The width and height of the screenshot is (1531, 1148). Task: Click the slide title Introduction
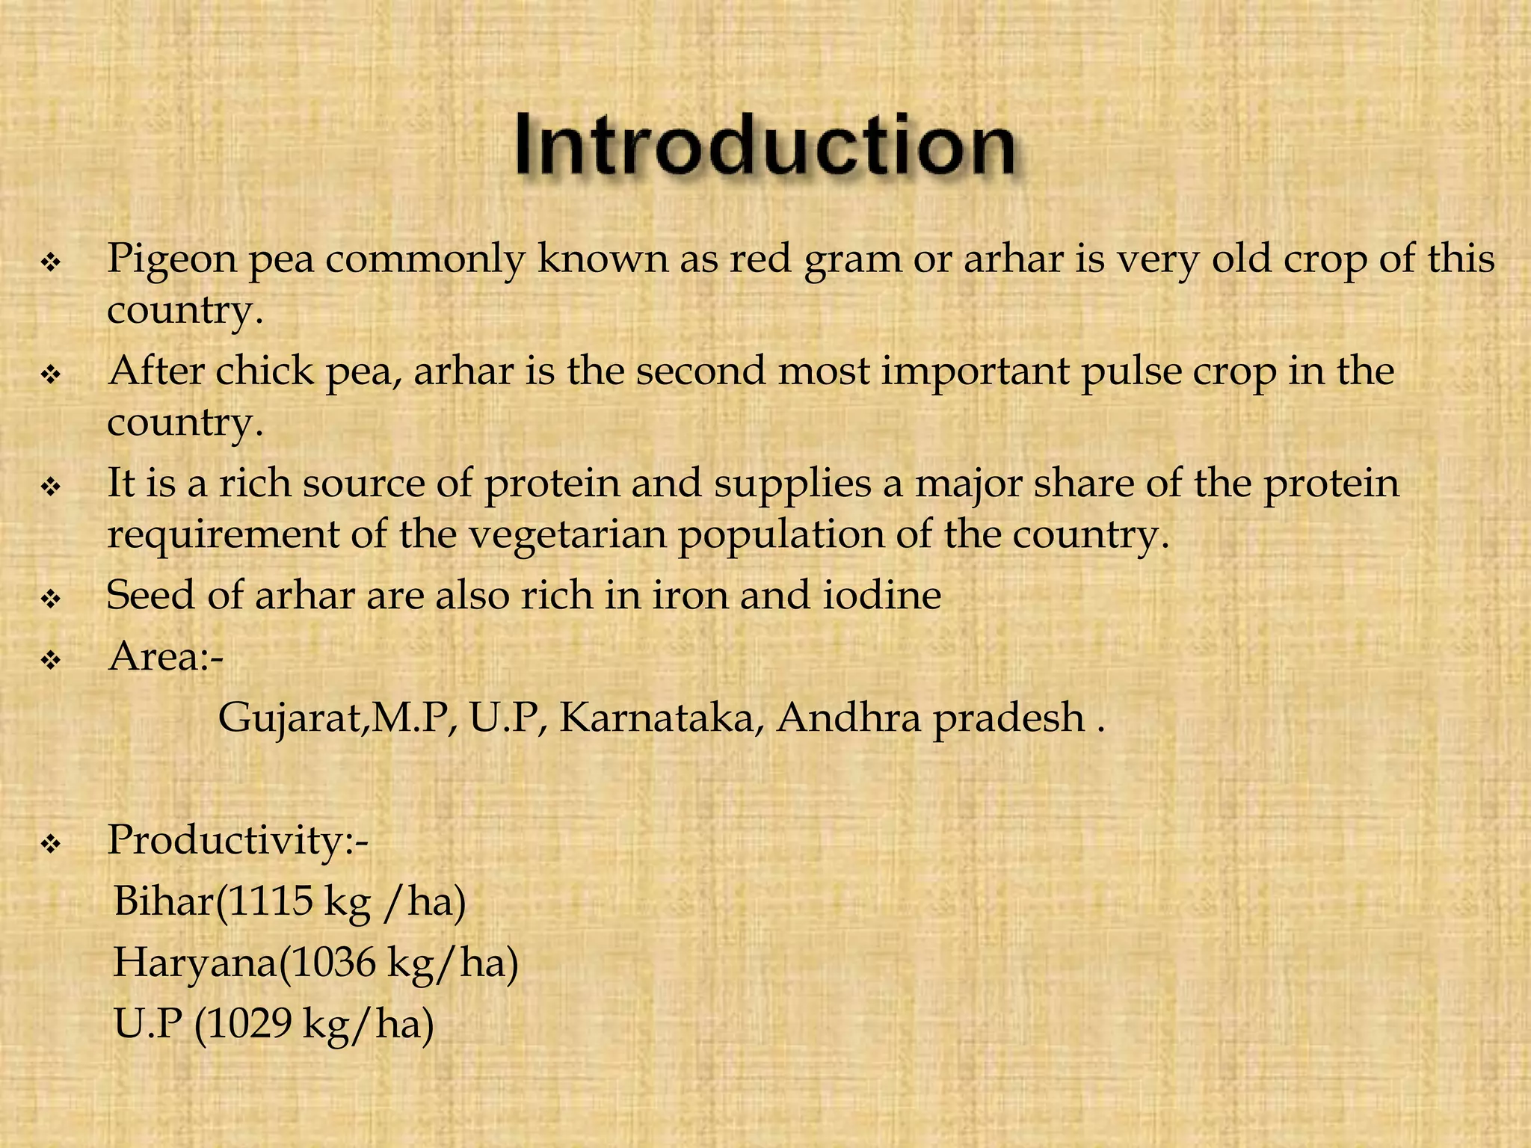[x=764, y=145]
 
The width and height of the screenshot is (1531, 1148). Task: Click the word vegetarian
[x=567, y=535]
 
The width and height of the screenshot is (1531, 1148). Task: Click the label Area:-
[x=165, y=657]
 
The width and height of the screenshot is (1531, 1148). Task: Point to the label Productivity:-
[x=238, y=840]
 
